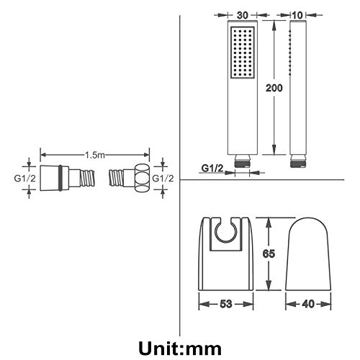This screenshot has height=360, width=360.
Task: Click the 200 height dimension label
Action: coord(274,88)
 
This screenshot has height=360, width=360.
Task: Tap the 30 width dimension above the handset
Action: coord(242,15)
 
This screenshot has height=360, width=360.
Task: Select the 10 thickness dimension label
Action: coord(297,15)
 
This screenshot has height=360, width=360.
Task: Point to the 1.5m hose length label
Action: coord(95,155)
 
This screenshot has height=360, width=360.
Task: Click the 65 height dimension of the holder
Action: coord(269,253)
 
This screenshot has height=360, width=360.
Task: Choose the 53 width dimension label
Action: coord(226,304)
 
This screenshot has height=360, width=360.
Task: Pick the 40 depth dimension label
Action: coord(308,304)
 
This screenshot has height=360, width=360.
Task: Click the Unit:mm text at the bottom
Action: coord(180,348)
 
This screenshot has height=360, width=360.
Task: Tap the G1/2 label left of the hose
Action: coord(25,179)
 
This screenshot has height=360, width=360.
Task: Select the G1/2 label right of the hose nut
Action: coord(163,179)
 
